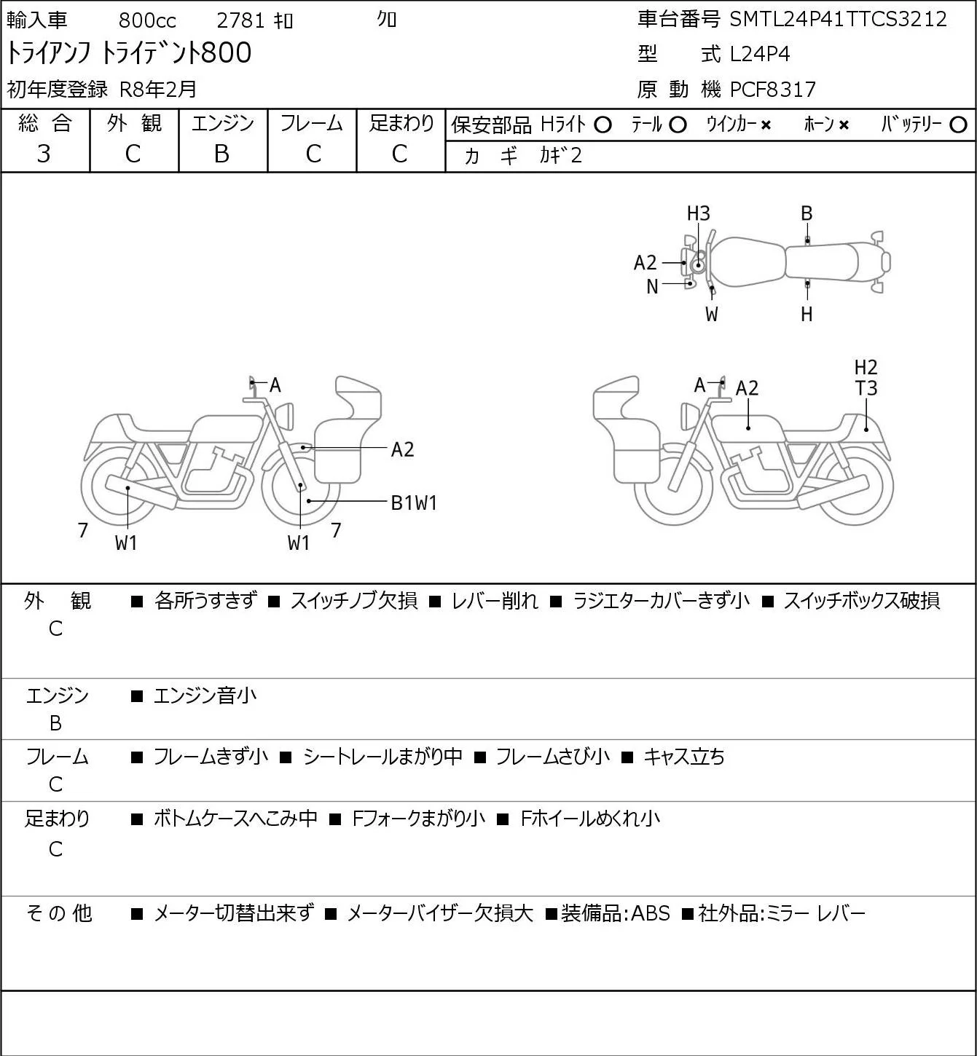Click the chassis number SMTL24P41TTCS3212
[x=838, y=20]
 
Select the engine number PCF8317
[x=773, y=90]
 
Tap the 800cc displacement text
[x=147, y=20]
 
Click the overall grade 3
[x=44, y=154]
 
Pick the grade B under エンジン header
[x=221, y=154]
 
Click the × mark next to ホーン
[x=844, y=125]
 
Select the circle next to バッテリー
[x=958, y=125]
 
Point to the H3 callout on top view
[x=698, y=214]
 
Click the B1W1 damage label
[x=414, y=503]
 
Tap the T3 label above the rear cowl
[x=866, y=388]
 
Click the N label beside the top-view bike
[x=652, y=287]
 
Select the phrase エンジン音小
[x=205, y=696]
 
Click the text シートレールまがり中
[x=382, y=756]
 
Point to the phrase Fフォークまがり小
[x=419, y=818]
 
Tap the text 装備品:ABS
[x=615, y=913]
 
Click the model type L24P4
[x=760, y=54]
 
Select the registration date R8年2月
[x=158, y=90]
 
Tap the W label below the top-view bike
[x=712, y=315]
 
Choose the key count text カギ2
[x=560, y=156]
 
